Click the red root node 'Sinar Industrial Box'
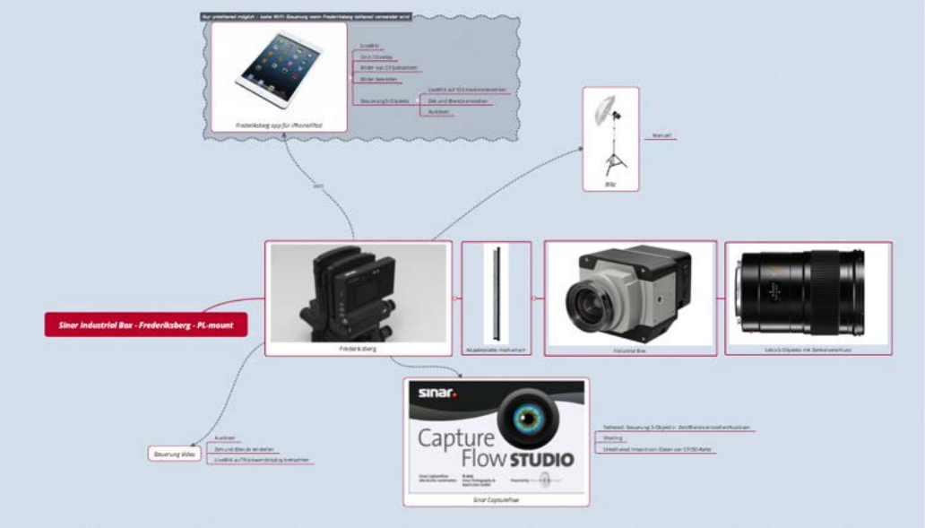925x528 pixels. pyautogui.click(x=145, y=325)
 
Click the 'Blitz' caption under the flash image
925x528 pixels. pyautogui.click(x=610, y=183)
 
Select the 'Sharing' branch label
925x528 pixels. pyautogui.click(x=614, y=438)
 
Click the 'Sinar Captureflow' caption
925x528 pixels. pyautogui.click(x=497, y=498)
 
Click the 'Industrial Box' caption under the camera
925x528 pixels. pyautogui.click(x=630, y=351)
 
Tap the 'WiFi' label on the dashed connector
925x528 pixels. pyautogui.click(x=317, y=186)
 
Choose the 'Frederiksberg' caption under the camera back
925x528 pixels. pyautogui.click(x=358, y=349)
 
